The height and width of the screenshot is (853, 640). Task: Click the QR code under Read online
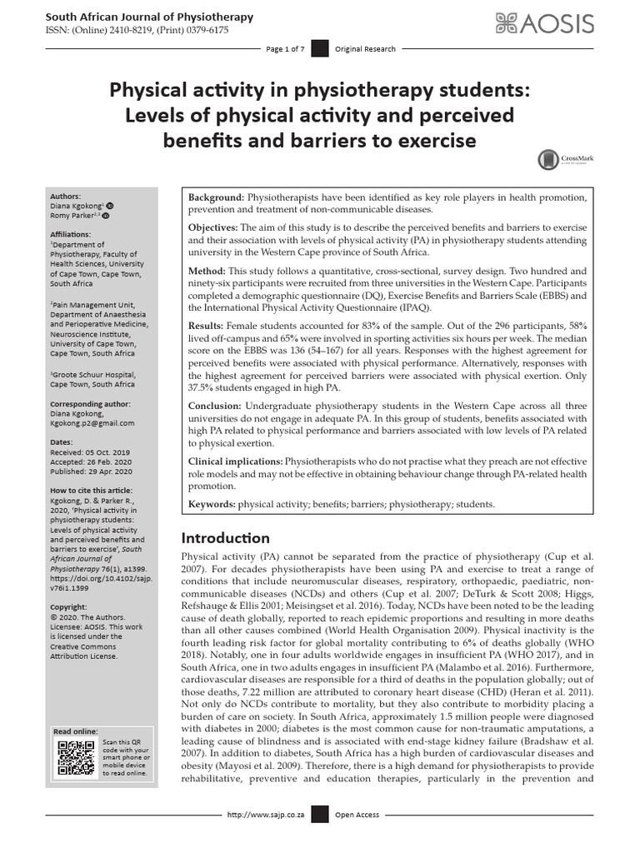tap(74, 757)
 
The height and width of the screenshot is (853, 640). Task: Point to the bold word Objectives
tap(212, 227)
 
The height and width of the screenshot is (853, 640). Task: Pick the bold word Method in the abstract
tap(207, 272)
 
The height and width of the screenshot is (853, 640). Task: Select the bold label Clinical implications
tap(236, 461)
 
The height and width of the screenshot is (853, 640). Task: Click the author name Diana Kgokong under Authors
tap(77, 205)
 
